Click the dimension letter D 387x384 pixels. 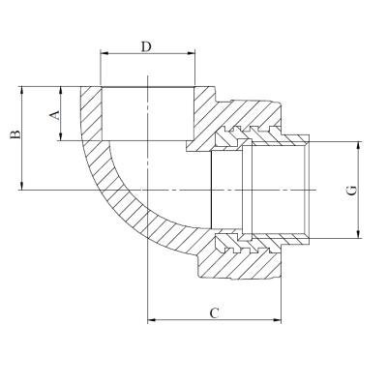(x=145, y=46)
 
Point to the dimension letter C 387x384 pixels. (x=215, y=311)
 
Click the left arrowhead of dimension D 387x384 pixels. (x=104, y=57)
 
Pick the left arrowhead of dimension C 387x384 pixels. (x=150, y=319)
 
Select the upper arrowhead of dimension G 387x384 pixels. (x=358, y=145)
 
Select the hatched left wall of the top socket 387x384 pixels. (x=90, y=116)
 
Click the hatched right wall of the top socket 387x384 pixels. (x=206, y=116)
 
